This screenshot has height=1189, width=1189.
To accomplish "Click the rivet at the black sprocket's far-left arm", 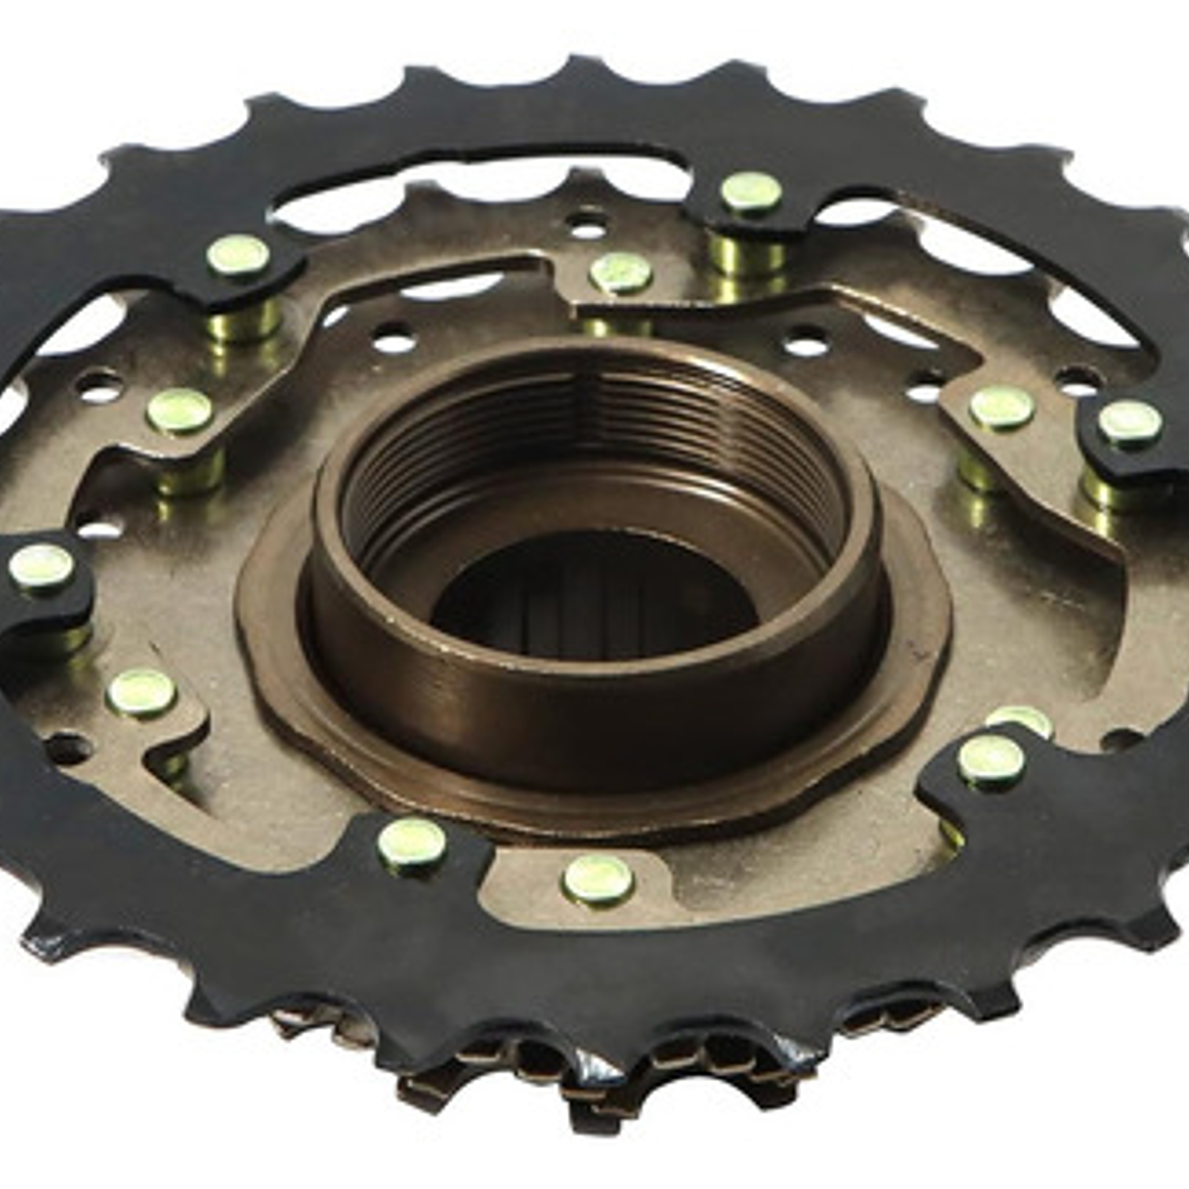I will (x=42, y=565).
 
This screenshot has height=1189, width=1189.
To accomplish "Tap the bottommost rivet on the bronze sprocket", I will (x=598, y=878).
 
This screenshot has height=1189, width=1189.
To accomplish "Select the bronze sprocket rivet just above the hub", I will (x=621, y=271).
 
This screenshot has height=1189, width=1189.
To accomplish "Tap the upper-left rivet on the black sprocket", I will (x=238, y=255).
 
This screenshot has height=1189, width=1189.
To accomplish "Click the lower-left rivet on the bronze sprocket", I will (x=141, y=692).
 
